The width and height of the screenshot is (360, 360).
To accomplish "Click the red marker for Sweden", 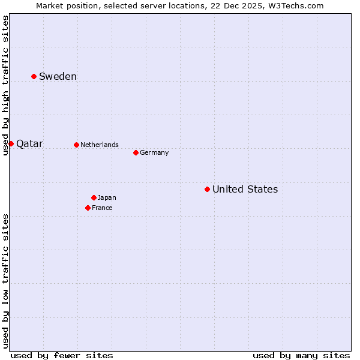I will pyautogui.click(x=34, y=76).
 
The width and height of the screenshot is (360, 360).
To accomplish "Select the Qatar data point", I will pyautogui.click(x=11, y=143).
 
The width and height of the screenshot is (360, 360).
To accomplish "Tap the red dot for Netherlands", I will pyautogui.click(x=76, y=145).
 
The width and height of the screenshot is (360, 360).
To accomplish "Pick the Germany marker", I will pyautogui.click(x=136, y=152).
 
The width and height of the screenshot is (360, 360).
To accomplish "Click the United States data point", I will pyautogui.click(x=207, y=189).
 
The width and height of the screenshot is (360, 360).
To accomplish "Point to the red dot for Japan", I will pyautogui.click(x=94, y=197).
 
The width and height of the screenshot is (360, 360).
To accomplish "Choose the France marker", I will pyautogui.click(x=88, y=208).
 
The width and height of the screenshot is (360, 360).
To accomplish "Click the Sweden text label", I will pyautogui.click(x=58, y=76).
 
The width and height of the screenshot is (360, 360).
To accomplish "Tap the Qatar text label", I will pyautogui.click(x=29, y=144).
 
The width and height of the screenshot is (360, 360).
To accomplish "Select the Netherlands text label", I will pyautogui.click(x=100, y=145).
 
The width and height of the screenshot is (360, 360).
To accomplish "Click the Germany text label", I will pyautogui.click(x=154, y=152).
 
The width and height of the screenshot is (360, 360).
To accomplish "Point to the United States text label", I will pyautogui.click(x=245, y=190).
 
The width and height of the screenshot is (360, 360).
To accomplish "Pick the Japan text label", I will pyautogui.click(x=107, y=197).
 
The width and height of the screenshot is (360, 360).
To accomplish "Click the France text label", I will pyautogui.click(x=102, y=208).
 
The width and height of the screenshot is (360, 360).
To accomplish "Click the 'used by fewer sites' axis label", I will pyautogui.click(x=62, y=355).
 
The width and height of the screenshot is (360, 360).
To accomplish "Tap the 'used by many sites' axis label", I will pyautogui.click(x=301, y=355).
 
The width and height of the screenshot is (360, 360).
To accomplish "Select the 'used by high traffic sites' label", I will pyautogui.click(x=6, y=85).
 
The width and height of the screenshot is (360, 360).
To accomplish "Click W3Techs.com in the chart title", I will pyautogui.click(x=296, y=6).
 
